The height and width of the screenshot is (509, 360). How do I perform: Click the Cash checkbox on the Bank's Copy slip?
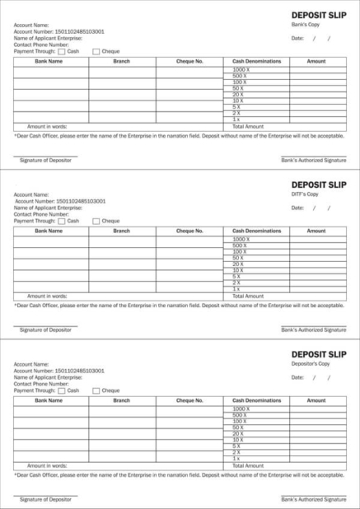(x=62, y=51)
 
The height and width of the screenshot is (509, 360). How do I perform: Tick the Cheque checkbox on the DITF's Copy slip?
(x=96, y=221)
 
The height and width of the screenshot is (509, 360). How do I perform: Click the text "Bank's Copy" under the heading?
(x=306, y=25)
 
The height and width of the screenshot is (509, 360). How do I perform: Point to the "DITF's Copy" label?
(x=305, y=194)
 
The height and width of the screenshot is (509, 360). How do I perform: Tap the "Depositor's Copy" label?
(x=310, y=363)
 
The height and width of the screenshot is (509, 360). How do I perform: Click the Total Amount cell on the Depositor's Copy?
(x=248, y=465)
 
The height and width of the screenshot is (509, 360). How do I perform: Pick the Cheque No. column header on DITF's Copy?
(x=189, y=231)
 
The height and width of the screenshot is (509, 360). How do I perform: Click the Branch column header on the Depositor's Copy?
(x=121, y=400)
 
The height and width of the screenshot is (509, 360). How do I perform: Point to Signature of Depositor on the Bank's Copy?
(x=45, y=160)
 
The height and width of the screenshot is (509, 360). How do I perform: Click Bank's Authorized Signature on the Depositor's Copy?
(x=313, y=499)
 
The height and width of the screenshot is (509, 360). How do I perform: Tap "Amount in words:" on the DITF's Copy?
(x=47, y=296)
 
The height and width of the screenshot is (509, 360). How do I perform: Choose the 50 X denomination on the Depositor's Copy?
(x=239, y=428)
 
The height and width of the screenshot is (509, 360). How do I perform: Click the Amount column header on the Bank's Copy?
(x=316, y=61)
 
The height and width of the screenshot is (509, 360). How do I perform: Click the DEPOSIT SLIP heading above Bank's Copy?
(x=319, y=15)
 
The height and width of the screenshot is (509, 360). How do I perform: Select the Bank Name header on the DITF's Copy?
(x=49, y=231)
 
